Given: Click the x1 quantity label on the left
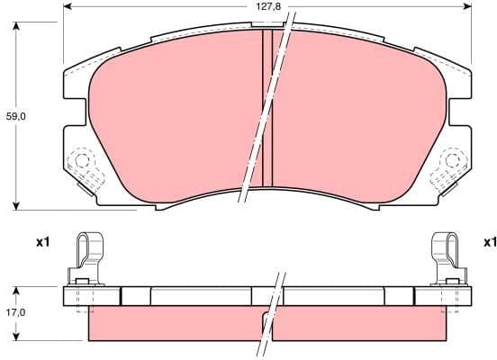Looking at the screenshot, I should pos(41,242).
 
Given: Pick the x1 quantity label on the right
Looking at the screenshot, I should pos(489,242).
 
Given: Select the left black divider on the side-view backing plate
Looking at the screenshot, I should pos(122,295).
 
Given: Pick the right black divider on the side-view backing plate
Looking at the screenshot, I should pos(411,295).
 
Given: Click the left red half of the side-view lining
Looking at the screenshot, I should pos(171,326).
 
